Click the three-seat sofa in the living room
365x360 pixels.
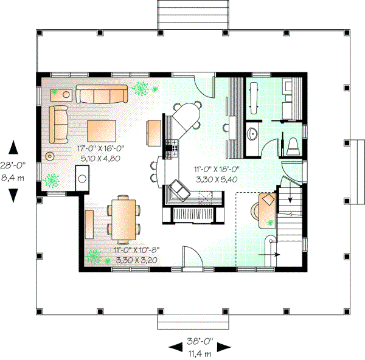(102, 94)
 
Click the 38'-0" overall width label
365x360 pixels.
(200, 341)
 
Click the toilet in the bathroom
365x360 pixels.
(293, 146)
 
